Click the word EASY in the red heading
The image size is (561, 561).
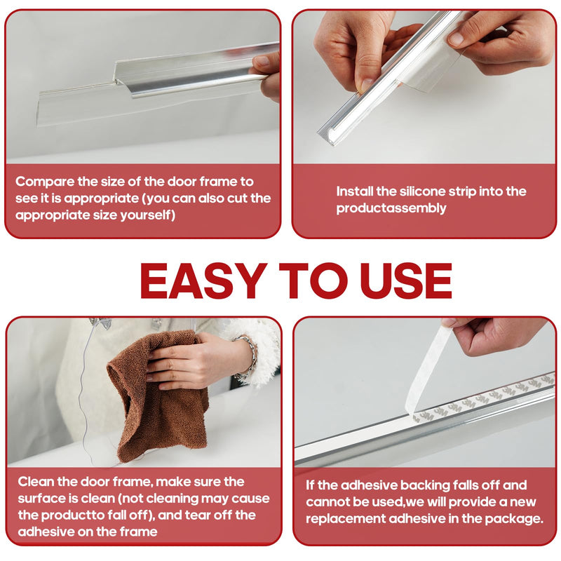tap(203, 281)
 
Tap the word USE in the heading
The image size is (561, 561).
tap(406, 281)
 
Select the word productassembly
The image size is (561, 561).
tap(391, 208)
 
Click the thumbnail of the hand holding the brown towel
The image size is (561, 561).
tap(144, 392)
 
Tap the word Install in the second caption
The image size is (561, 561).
tap(354, 191)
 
